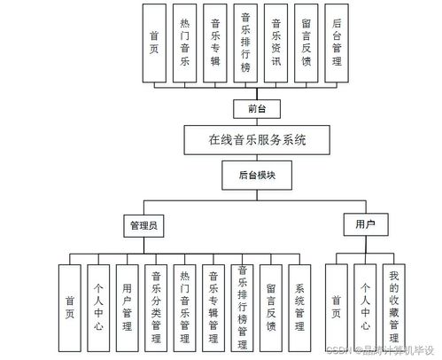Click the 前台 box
pyautogui.click(x=250, y=108)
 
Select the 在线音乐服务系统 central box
pyautogui.click(x=256, y=140)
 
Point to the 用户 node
pyautogui.click(x=365, y=225)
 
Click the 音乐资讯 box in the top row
pyautogui.click(x=277, y=43)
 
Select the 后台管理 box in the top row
pyautogui.click(x=337, y=43)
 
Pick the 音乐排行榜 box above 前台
pyautogui.click(x=246, y=43)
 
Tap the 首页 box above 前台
pyautogui.click(x=156, y=43)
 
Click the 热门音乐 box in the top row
pyautogui.click(x=186, y=43)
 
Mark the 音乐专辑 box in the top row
pyautogui.click(x=216, y=43)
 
